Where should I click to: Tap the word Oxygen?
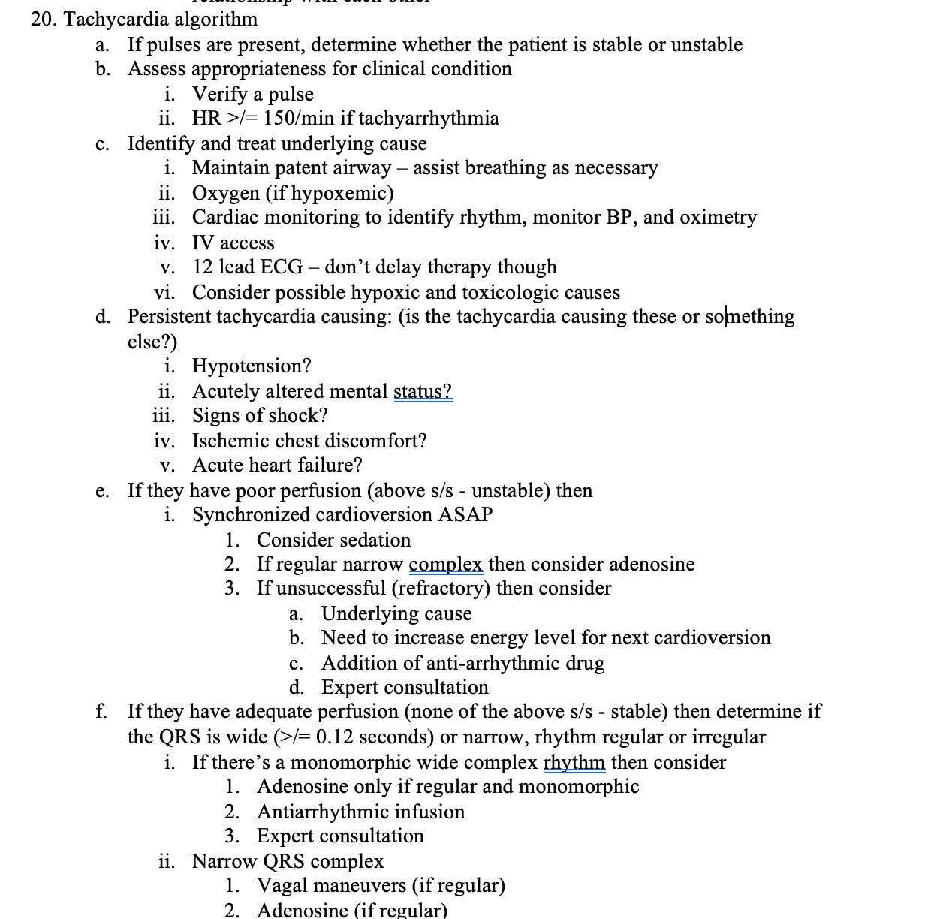[x=225, y=193]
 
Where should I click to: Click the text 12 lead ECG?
[x=248, y=267]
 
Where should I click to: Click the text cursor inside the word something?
[x=725, y=316]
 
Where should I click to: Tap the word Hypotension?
[x=252, y=366]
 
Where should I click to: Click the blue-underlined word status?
[x=423, y=391]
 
